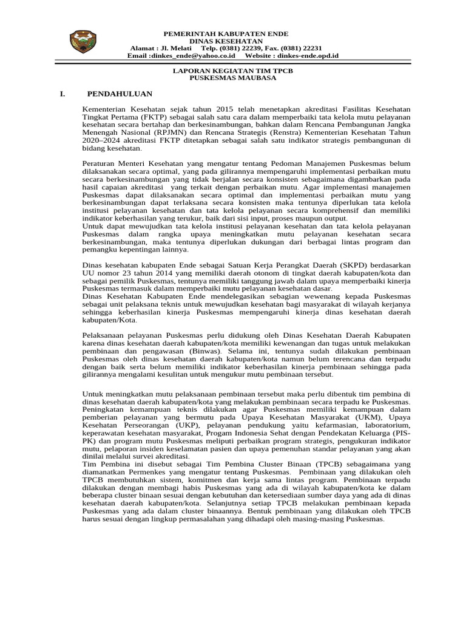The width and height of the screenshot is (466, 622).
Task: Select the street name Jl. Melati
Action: point(174,48)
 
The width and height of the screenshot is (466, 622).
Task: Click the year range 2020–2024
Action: point(101,140)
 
